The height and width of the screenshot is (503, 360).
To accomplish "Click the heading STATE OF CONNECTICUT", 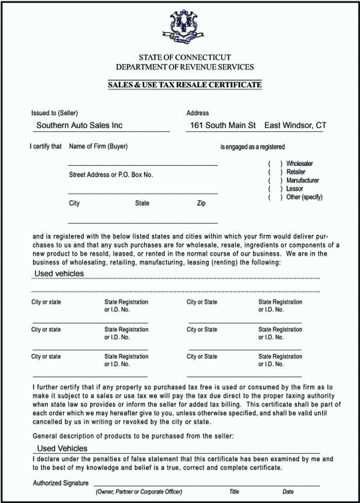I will pos(185,58).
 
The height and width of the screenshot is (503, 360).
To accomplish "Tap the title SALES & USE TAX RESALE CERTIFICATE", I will pos(185,85).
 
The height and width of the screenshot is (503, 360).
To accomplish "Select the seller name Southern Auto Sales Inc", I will pos(79,125).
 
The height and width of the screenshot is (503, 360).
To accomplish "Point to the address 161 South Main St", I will pos(223,125).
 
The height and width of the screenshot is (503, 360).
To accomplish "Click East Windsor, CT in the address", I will pos(296,125).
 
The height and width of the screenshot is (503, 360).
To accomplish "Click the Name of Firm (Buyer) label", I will pos(98,147).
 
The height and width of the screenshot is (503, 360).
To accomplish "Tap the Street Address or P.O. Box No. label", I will pos(111,175).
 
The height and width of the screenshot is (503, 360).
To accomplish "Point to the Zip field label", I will pos(201,203).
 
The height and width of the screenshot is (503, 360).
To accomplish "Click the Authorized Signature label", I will pos(61,483).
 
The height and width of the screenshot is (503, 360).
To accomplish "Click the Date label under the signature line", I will pos(288,492).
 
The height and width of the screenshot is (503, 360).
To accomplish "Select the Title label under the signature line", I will pos(234,492).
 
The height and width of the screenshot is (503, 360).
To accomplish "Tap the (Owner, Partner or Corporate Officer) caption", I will pos(138,492).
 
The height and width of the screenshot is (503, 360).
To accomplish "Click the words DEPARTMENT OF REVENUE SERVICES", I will pos(185,67).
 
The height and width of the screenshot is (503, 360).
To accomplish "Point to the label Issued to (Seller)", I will pos(55,113).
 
